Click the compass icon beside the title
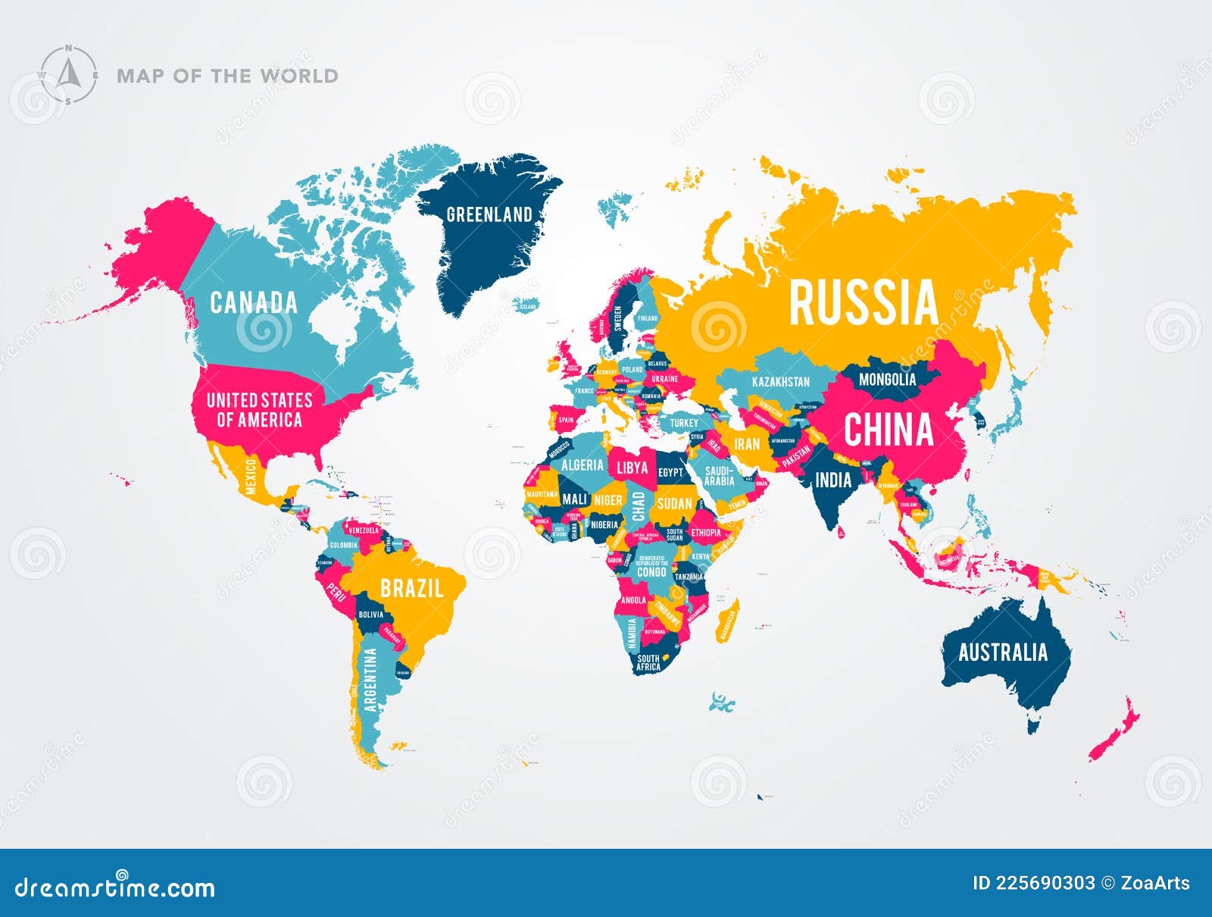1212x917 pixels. tap(68, 75)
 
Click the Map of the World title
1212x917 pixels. tap(227, 76)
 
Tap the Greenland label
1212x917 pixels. tap(489, 214)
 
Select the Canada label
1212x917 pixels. tap(253, 302)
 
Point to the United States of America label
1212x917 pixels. tap(259, 410)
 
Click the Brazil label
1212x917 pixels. tap(411, 588)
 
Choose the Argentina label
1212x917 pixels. tap(370, 680)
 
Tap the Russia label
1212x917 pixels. tap(863, 302)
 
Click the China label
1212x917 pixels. tap(888, 430)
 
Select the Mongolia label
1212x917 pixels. tap(887, 379)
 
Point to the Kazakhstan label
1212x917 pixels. tap(780, 382)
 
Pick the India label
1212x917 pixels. tap(832, 480)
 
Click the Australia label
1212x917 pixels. tap(1002, 653)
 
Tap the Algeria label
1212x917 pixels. tap(582, 465)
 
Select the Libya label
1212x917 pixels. tap(632, 468)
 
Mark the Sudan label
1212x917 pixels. tap(674, 503)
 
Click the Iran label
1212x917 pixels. tap(746, 444)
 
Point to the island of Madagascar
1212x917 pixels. tap(727, 622)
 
